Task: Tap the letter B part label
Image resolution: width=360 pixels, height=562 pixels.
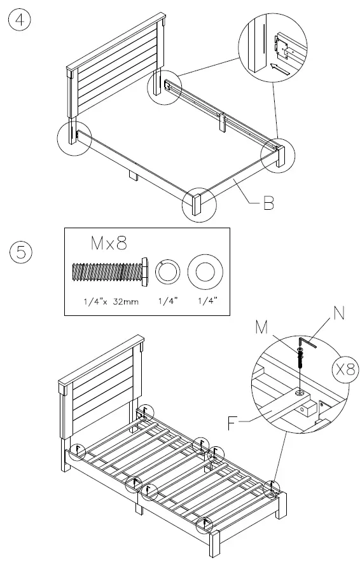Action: pos(268,203)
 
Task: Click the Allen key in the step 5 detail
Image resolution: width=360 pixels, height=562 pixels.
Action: pos(308,344)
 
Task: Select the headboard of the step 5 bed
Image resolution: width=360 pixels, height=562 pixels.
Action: pos(102,388)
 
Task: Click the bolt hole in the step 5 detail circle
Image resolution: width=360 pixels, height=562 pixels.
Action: pos(298,394)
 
